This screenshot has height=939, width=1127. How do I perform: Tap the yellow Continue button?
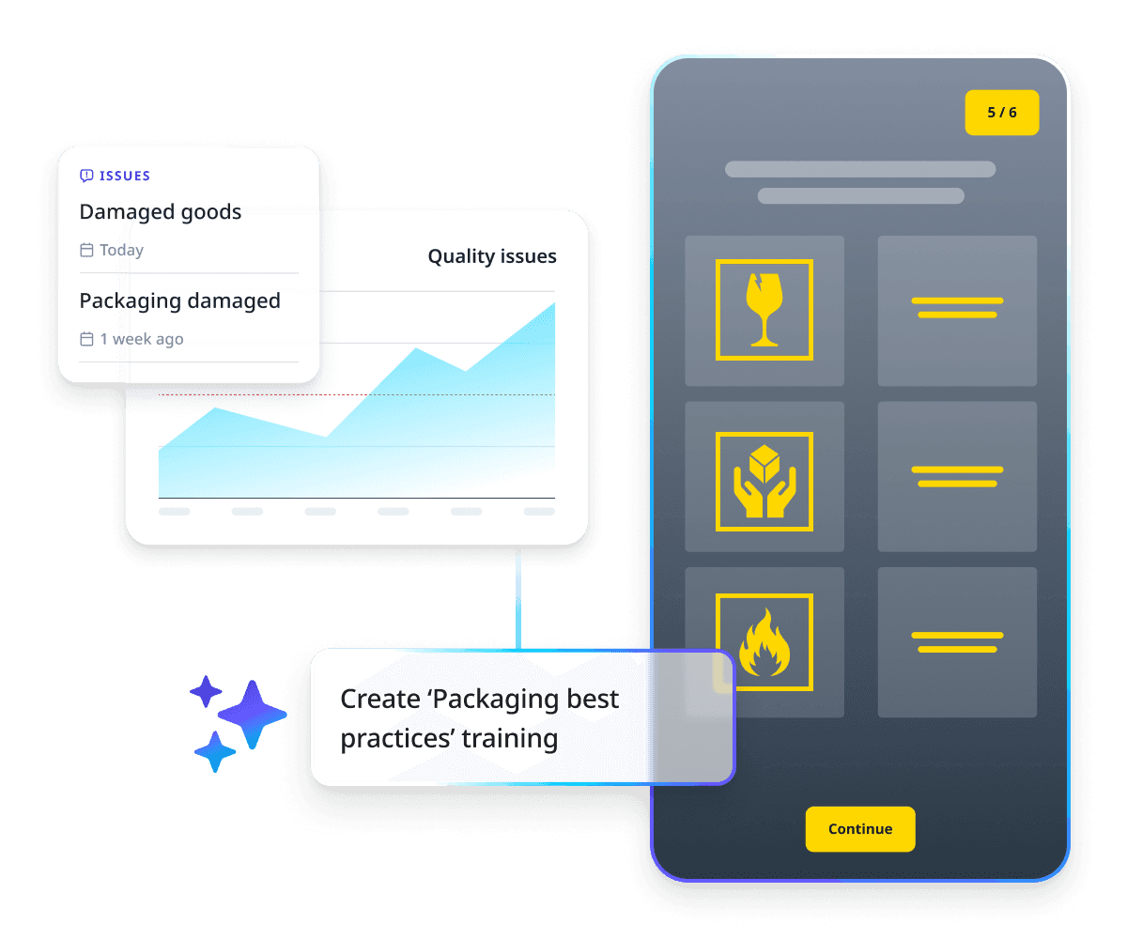click(x=859, y=829)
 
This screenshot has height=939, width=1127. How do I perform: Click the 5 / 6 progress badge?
click(x=1001, y=113)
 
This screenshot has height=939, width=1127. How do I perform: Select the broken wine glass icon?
click(x=764, y=310)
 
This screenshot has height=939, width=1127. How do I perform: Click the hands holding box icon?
click(x=764, y=482)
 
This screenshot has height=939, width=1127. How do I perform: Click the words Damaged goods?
click(x=161, y=212)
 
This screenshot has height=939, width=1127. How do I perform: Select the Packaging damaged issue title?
click(x=179, y=301)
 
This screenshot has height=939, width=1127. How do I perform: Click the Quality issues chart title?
click(x=491, y=256)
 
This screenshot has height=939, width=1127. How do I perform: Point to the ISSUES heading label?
click(x=125, y=176)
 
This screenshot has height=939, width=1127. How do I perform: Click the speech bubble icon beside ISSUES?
click(x=86, y=176)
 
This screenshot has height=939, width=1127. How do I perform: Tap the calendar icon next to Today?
click(x=86, y=251)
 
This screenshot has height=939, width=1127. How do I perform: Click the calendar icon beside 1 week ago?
click(x=86, y=340)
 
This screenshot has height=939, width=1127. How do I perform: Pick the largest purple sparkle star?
click(x=252, y=715)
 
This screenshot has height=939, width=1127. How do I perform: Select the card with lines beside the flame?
click(x=957, y=642)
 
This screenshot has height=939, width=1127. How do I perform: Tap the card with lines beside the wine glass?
click(x=957, y=310)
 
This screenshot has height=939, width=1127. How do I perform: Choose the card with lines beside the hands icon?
click(x=957, y=476)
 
